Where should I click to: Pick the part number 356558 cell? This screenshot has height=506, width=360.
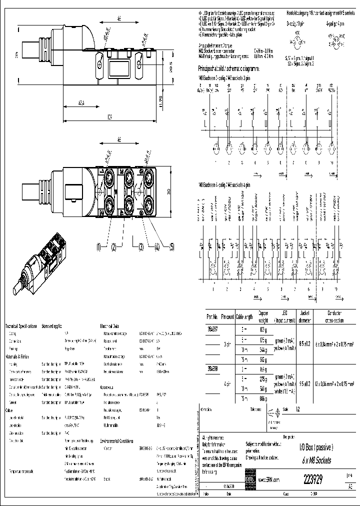point(212,368)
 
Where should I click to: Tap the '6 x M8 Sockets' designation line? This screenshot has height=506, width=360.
point(312,459)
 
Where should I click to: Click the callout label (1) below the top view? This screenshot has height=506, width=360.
point(99,246)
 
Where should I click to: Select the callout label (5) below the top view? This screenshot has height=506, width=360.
point(171,246)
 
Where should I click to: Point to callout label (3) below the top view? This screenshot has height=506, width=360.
point(141,246)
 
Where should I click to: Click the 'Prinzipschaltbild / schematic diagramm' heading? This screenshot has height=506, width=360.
point(228,68)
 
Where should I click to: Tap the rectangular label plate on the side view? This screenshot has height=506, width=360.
point(119,68)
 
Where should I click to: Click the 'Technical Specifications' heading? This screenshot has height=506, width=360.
point(21,326)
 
